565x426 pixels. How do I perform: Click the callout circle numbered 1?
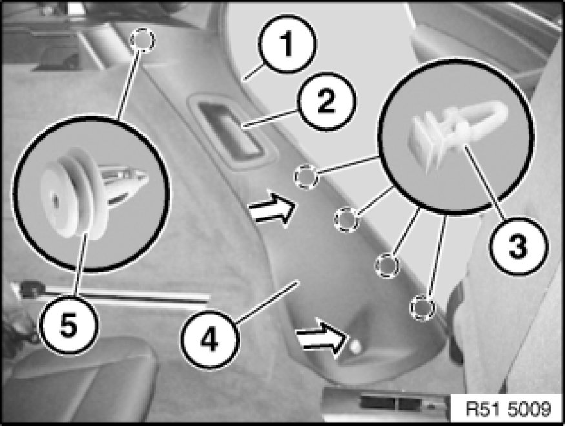pos(287,44)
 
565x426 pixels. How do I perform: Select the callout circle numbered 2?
pos(327,101)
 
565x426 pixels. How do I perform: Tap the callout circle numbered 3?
pos(518,246)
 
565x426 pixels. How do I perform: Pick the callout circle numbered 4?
pos(209,340)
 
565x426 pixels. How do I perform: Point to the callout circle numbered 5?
pos(68,325)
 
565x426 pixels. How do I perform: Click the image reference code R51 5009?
pos(508,409)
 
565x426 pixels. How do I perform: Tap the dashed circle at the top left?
pos(142,39)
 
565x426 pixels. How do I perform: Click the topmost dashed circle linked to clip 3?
pos(307,176)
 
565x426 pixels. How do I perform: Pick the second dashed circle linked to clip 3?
pos(347,218)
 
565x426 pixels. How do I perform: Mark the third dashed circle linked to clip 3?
pos(387,265)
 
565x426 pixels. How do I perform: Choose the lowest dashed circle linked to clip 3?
pos(422,307)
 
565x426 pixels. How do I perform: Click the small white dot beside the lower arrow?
pos(355,346)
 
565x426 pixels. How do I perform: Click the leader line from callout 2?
pos(271,118)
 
